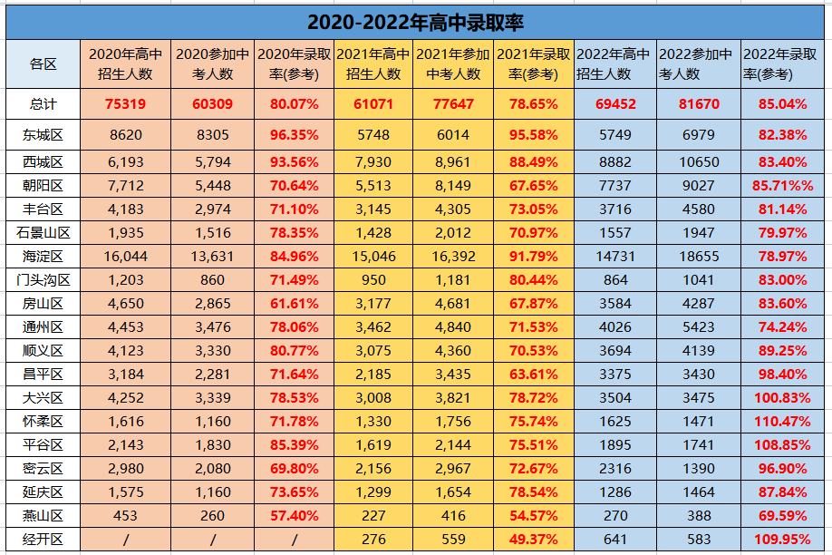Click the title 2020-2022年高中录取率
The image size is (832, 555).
415,23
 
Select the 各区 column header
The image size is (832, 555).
43,64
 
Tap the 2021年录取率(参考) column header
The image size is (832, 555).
533,64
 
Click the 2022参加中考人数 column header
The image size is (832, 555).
696,64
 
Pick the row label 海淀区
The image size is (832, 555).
43,257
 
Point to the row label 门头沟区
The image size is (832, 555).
43,280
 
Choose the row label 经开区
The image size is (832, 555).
43,540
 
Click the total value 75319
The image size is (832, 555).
125,104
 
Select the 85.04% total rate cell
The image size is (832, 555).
783,104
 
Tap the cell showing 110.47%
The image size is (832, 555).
783,422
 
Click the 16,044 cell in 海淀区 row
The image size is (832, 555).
126,257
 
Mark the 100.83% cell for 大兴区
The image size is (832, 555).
783,398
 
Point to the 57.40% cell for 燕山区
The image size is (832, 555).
294,516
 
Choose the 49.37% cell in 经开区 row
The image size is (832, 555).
533,540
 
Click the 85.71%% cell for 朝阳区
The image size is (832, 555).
783,186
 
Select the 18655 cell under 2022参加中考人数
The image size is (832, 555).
699,257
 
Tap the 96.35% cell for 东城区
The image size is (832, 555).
294,135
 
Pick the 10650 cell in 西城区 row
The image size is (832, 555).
699,162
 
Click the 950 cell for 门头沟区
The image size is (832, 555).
373,280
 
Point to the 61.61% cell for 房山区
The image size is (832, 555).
294,304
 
